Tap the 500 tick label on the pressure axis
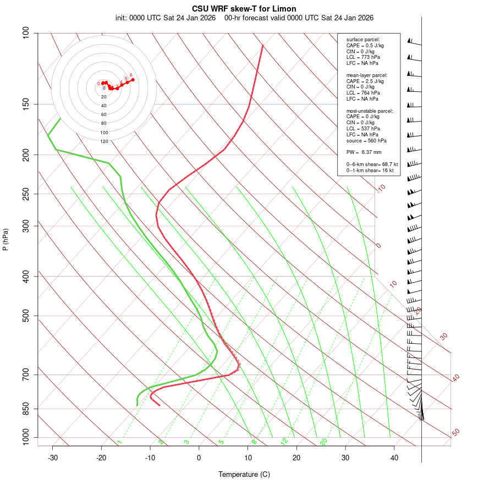click(x=26, y=316)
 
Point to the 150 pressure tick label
click(x=26, y=104)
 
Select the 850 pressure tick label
click(x=26, y=409)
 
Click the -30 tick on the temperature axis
click(x=53, y=458)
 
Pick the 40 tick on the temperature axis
click(x=394, y=458)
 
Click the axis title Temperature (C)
click(x=244, y=474)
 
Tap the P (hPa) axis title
click(x=6, y=240)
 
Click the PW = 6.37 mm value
click(x=364, y=152)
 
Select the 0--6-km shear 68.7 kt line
click(x=372, y=164)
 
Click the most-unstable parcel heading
click(x=370, y=111)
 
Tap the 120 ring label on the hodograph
click(x=104, y=141)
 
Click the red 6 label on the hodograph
click(x=131, y=75)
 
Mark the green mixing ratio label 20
click(x=323, y=441)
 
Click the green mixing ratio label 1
click(x=119, y=442)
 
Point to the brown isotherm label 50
click(x=455, y=433)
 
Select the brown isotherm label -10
click(x=381, y=188)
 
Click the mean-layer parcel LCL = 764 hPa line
click(x=362, y=93)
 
